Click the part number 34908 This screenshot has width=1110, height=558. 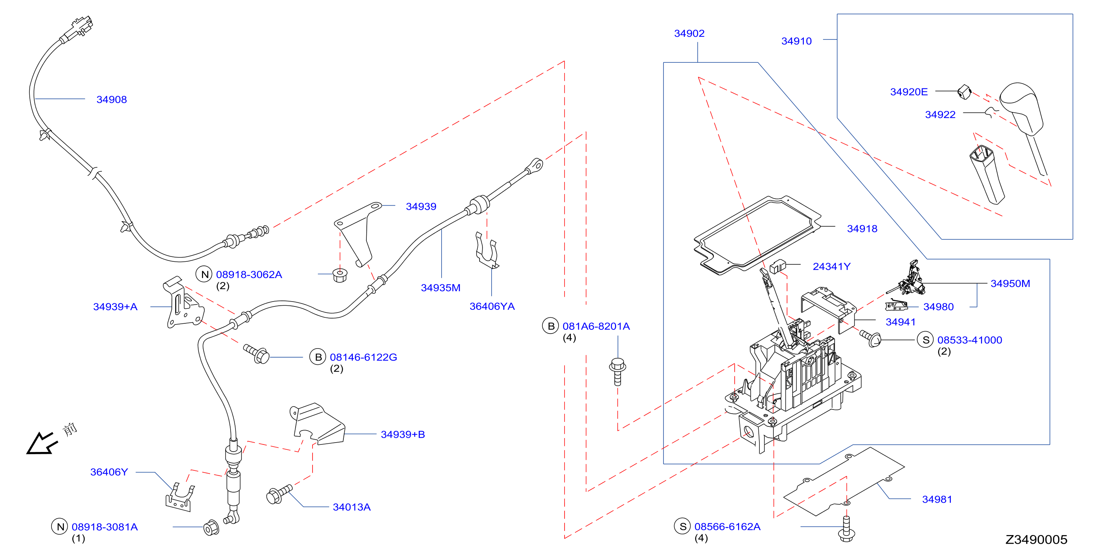click(112, 100)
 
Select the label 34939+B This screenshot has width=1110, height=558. click(402, 434)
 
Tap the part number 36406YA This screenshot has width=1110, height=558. click(492, 306)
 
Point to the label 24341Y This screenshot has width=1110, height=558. click(831, 267)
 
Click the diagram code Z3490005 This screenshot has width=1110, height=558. click(1036, 540)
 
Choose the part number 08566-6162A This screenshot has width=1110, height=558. click(727, 526)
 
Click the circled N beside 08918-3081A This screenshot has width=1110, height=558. click(59, 526)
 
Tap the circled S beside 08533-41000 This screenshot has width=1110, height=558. click(925, 340)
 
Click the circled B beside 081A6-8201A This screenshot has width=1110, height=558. click(550, 326)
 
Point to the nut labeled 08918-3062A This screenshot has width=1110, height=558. click(340, 275)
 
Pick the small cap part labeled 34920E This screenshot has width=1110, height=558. click(964, 92)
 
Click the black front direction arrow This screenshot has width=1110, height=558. click(41, 443)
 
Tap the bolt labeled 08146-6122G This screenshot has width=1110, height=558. click(257, 354)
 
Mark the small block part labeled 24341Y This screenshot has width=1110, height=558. click(777, 266)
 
